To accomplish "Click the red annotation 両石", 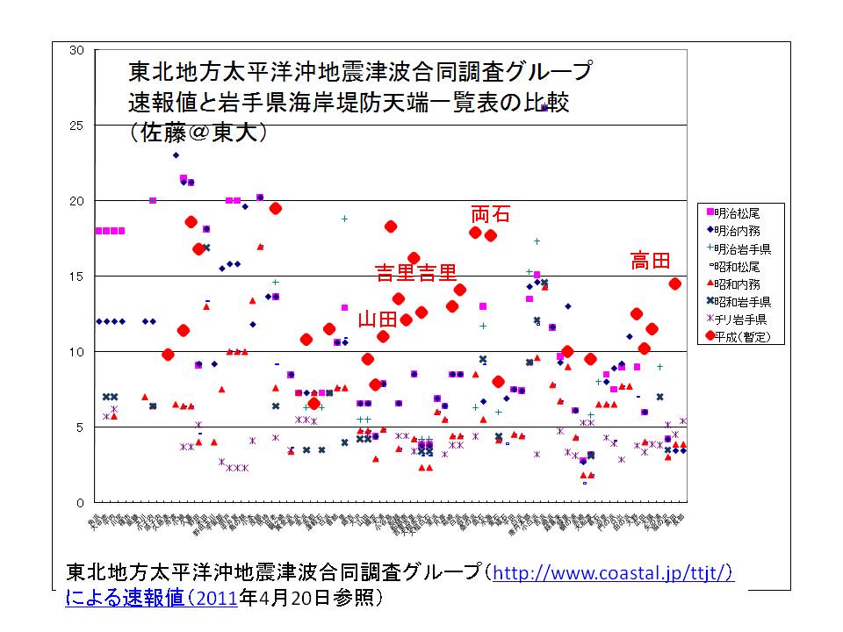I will (490, 214).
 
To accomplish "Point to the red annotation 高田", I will (651, 261).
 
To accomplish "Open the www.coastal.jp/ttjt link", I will (613, 575).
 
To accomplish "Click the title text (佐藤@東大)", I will (197, 132).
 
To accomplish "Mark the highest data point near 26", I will (544, 107).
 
